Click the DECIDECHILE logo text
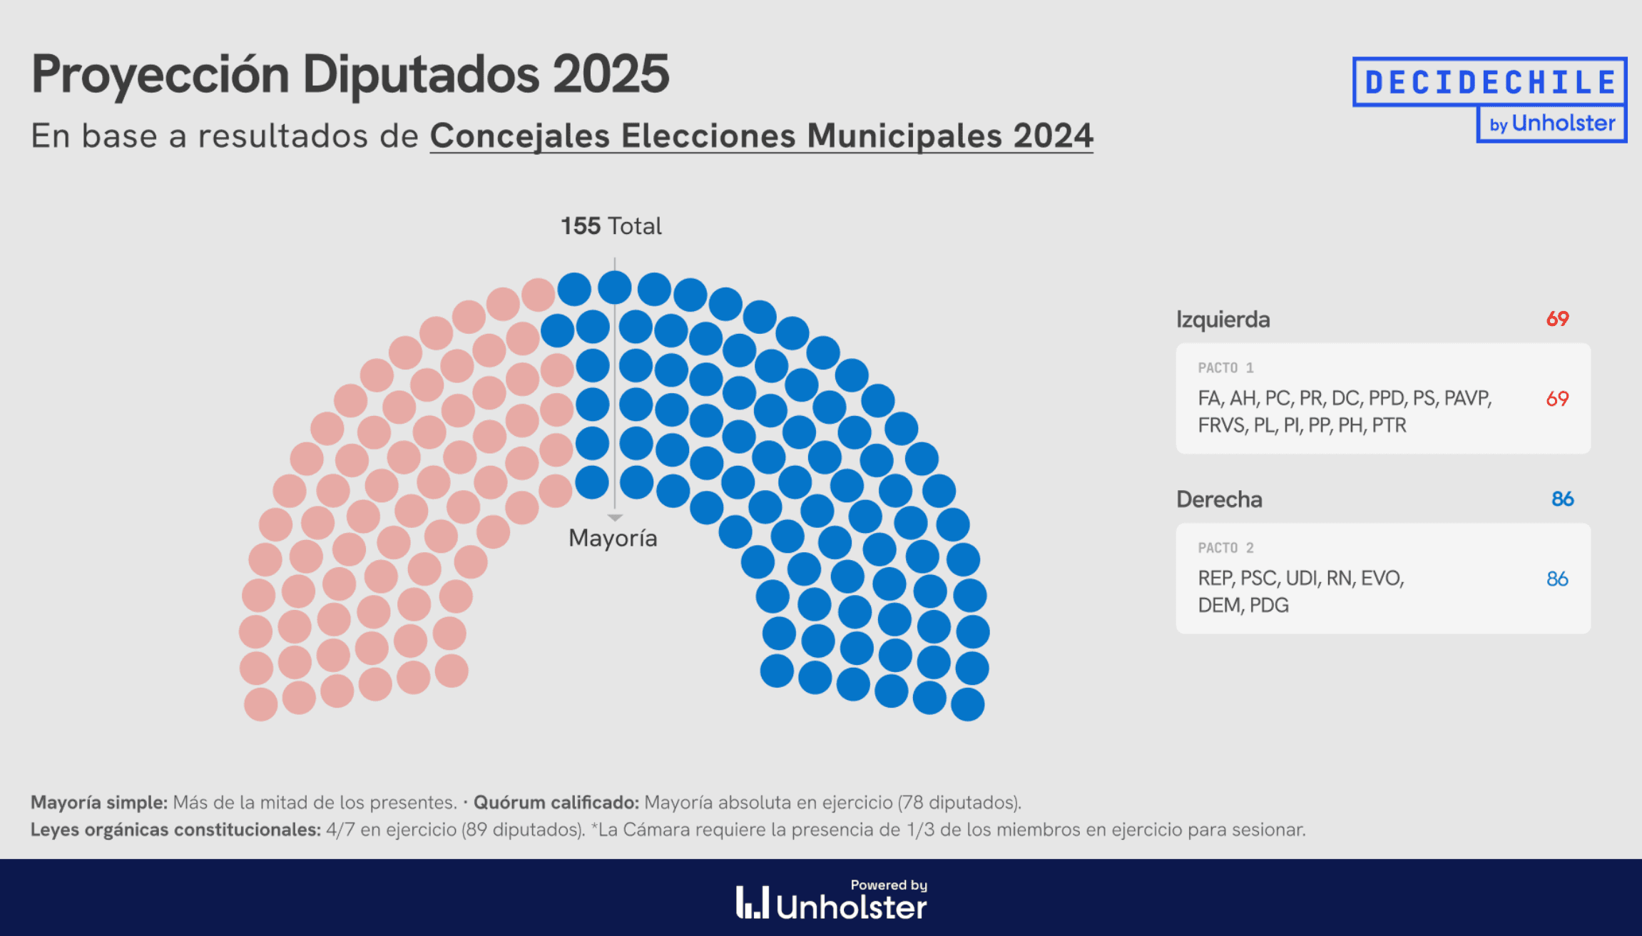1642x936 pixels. (1489, 82)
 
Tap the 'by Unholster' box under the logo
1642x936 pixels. (1551, 123)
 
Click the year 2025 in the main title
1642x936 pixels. (611, 74)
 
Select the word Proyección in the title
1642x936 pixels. (160, 76)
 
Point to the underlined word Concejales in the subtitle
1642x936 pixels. (520, 136)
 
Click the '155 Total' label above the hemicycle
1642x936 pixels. (611, 226)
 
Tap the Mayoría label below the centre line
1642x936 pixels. (613, 538)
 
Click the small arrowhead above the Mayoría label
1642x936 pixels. (615, 517)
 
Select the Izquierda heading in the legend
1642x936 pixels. (1223, 320)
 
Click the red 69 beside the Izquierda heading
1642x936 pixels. (1557, 319)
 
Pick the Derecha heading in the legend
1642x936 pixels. (1219, 499)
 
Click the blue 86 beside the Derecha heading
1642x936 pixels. (1562, 499)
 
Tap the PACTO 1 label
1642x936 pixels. (1225, 368)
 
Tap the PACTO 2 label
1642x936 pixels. (1225, 548)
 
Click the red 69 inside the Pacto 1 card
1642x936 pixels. (1557, 399)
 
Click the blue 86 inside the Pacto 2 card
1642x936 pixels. (1557, 579)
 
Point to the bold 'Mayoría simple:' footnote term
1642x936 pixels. (99, 803)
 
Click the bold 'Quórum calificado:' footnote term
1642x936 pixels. (556, 803)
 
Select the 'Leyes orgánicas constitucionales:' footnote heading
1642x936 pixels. (175, 830)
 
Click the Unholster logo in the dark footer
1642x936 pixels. (832, 902)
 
